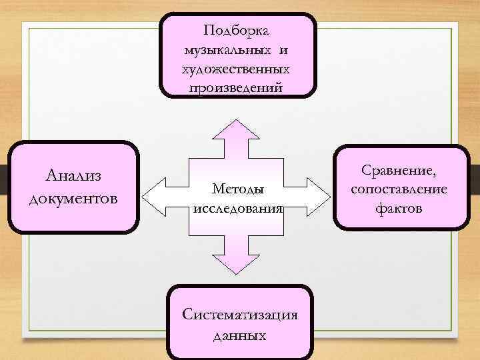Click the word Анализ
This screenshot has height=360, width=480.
pyautogui.click(x=73, y=175)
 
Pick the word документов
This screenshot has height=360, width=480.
pyautogui.click(x=73, y=198)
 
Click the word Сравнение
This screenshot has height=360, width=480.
pyautogui.click(x=397, y=173)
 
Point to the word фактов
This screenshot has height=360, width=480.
pyautogui.click(x=399, y=209)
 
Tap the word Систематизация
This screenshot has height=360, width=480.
pyautogui.click(x=239, y=316)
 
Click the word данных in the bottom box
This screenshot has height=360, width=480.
pyautogui.click(x=239, y=335)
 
